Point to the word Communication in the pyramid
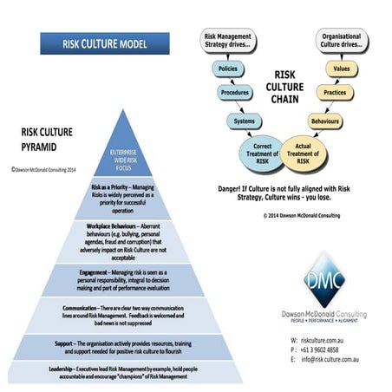(85, 308)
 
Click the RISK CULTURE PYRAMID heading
(49, 139)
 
